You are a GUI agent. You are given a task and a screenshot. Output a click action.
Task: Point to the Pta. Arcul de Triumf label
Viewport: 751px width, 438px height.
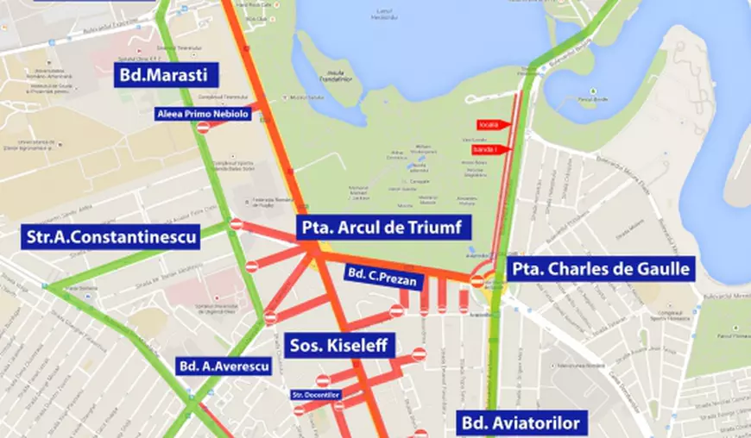point(385,228)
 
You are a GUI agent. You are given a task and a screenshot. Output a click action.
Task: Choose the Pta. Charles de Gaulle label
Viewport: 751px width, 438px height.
point(602,269)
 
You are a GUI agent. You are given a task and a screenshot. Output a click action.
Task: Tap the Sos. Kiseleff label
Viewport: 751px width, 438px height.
point(343,346)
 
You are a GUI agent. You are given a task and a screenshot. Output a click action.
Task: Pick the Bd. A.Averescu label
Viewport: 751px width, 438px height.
point(223,366)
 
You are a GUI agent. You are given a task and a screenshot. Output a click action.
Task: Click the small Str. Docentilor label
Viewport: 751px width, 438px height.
point(317,396)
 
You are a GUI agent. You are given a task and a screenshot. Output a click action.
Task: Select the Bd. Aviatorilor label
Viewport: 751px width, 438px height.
point(518,423)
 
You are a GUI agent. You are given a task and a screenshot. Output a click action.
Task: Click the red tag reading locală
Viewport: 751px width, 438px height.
point(489,125)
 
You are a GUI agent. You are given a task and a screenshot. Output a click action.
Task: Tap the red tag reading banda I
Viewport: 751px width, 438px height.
point(489,149)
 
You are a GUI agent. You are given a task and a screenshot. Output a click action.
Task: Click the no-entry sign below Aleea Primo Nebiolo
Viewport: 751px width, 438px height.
point(204,128)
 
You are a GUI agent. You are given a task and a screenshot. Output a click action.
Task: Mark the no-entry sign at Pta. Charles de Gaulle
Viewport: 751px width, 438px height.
point(477,281)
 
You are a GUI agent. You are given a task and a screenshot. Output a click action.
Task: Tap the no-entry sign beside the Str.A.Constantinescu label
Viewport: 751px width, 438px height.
point(237,224)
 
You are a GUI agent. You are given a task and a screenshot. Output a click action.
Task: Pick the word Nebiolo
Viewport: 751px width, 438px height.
point(230,113)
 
